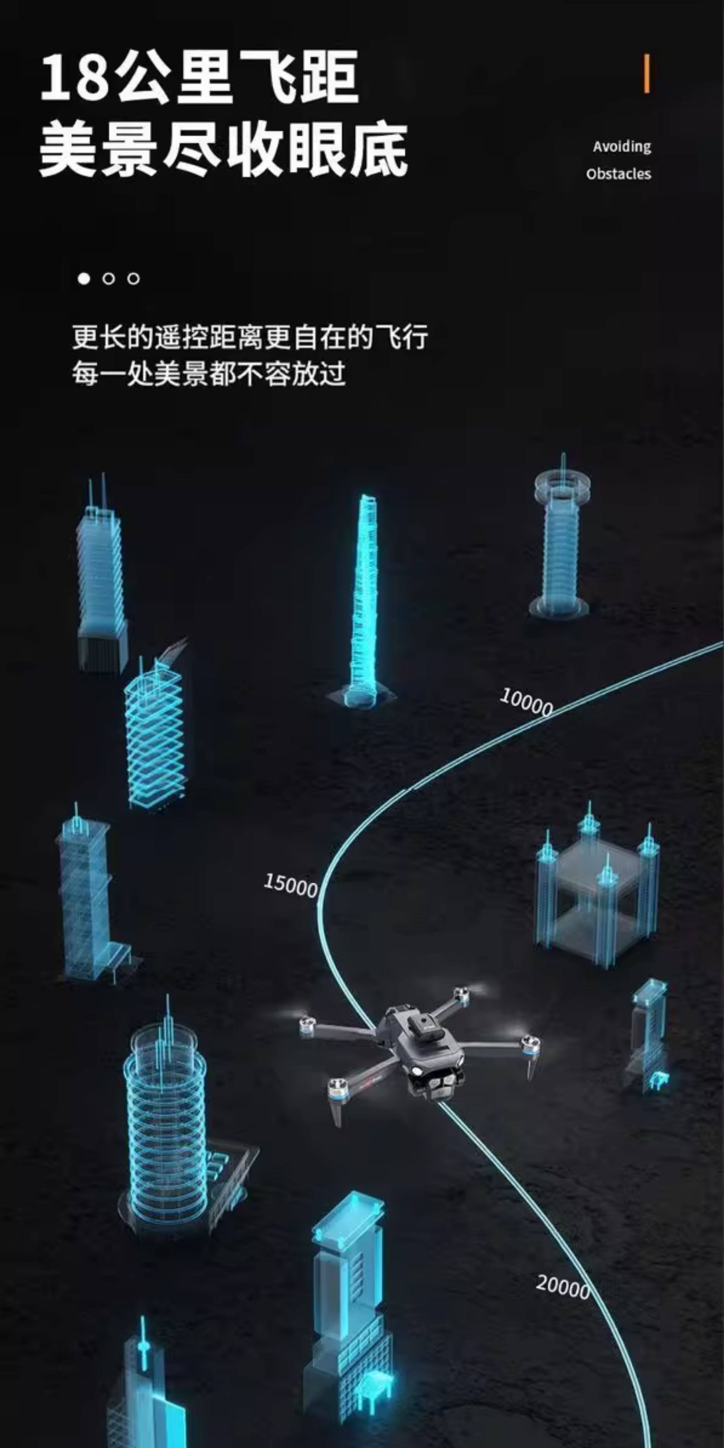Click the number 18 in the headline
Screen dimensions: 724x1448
click(73, 77)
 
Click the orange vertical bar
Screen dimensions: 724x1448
click(647, 74)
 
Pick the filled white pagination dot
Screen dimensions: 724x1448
click(84, 279)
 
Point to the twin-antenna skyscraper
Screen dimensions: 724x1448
click(101, 579)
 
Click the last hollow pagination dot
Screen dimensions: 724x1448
click(134, 279)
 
